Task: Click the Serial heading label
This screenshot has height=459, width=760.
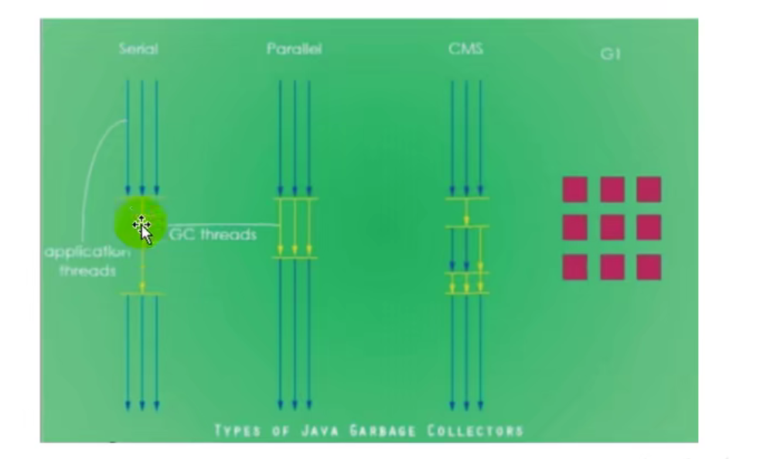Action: [x=138, y=49]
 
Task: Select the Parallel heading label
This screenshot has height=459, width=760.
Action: [x=295, y=49]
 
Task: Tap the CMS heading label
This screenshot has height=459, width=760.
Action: [x=465, y=49]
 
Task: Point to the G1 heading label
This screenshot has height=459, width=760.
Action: [x=610, y=54]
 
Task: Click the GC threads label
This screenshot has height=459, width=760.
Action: [x=213, y=235]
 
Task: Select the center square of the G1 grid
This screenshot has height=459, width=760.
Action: [x=612, y=228]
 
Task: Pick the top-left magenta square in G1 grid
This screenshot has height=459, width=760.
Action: [x=575, y=189]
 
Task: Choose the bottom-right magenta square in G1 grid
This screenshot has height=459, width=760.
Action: [x=649, y=267]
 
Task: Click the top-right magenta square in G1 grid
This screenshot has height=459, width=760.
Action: [x=649, y=189]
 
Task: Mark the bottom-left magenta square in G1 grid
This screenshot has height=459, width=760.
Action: [x=575, y=267]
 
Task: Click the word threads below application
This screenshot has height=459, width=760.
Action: [x=87, y=271]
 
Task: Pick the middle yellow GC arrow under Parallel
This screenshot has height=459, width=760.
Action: [x=295, y=227]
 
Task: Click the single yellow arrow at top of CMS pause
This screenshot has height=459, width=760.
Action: [x=466, y=212]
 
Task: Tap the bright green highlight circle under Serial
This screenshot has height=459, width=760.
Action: [x=141, y=224]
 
